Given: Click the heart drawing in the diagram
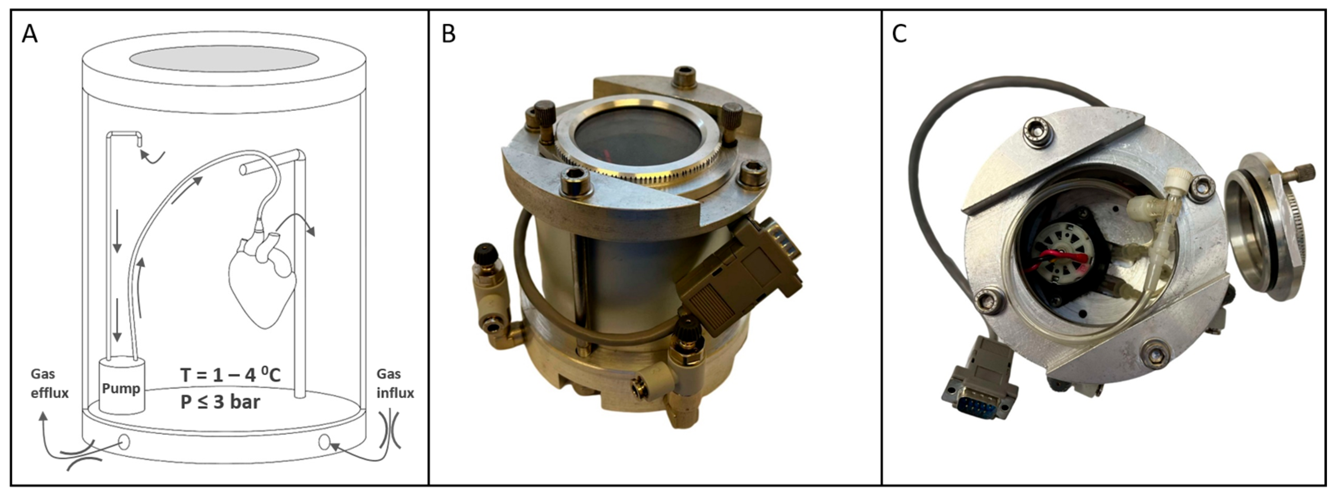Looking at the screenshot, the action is pyautogui.click(x=262, y=279).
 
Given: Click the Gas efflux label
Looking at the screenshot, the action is pyautogui.click(x=50, y=383).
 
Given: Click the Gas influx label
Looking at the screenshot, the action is pyautogui.click(x=395, y=383).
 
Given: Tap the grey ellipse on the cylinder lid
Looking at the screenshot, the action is pyautogui.click(x=223, y=59).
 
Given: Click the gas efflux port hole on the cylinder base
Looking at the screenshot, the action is pyautogui.click(x=124, y=442).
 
